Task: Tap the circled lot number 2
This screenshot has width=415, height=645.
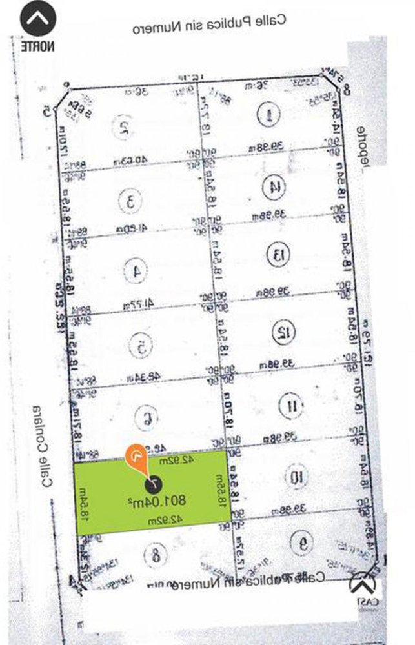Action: [x=121, y=127]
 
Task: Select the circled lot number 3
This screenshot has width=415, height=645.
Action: [x=131, y=201]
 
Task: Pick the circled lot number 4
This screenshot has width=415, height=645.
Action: [x=137, y=272]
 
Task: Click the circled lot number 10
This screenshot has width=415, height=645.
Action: [x=296, y=477]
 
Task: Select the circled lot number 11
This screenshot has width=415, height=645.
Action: [x=290, y=406]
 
